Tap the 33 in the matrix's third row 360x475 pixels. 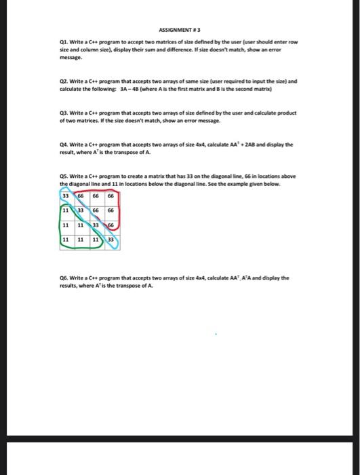[96, 225]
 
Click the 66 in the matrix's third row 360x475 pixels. [111, 225]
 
